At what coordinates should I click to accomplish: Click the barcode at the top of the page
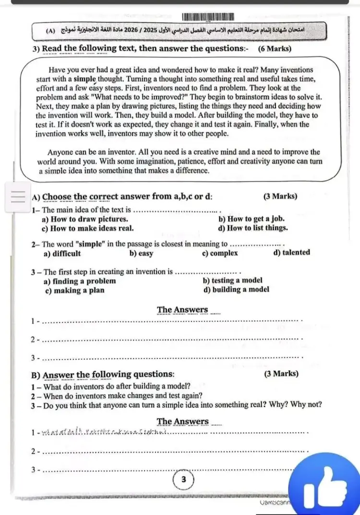click(x=208, y=17)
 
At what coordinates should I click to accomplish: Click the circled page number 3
click(x=183, y=479)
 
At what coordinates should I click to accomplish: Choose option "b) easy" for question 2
click(x=141, y=253)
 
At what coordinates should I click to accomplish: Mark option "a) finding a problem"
click(x=80, y=281)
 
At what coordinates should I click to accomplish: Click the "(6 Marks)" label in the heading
click(x=274, y=49)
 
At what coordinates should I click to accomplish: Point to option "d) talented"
click(x=291, y=252)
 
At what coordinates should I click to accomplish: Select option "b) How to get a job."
click(x=252, y=219)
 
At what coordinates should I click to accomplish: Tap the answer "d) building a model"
click(x=236, y=289)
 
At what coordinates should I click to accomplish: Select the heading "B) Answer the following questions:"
click(x=103, y=374)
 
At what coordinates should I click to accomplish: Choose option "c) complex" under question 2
click(x=220, y=253)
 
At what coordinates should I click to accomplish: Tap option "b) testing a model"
click(x=233, y=281)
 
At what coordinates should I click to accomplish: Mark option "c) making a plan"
click(x=74, y=290)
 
